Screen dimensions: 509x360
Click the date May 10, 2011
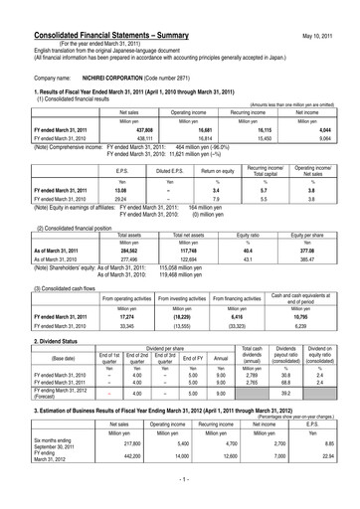point(331,10)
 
